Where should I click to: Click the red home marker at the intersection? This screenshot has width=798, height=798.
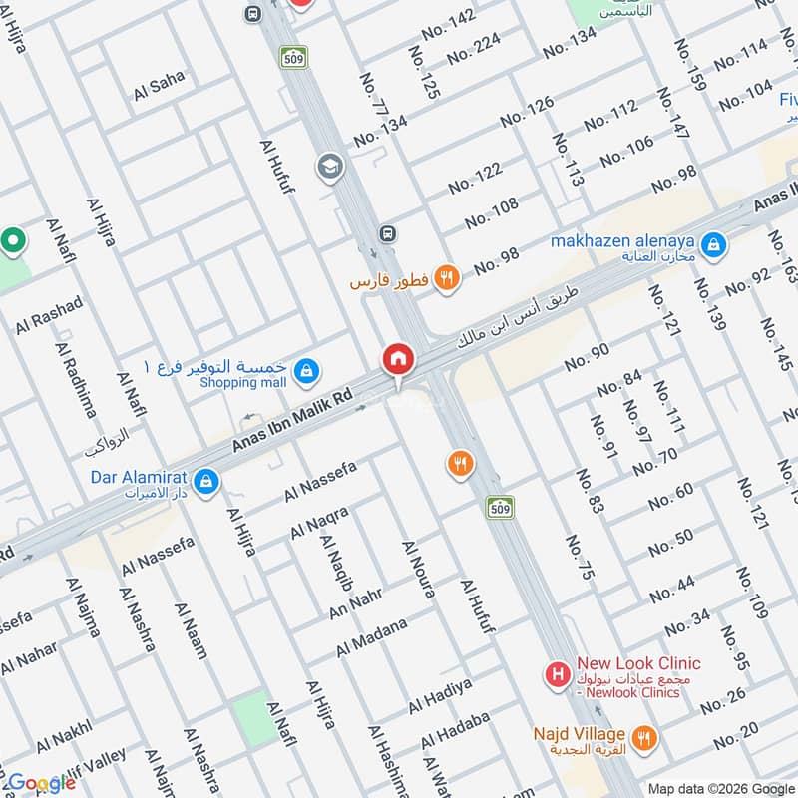coord(397,358)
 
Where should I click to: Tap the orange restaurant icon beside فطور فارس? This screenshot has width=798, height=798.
coord(447,280)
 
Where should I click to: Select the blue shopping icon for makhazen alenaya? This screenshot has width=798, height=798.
coord(713,244)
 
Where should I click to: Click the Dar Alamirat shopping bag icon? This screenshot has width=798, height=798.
coord(206,482)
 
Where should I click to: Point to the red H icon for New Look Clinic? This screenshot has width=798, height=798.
coord(559,676)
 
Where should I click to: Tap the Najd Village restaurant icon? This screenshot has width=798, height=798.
coord(645,739)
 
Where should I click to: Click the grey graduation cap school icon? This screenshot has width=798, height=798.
coord(328,167)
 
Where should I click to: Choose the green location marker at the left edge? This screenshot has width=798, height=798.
coord(13,240)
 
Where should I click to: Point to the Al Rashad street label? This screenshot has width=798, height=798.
coord(49,314)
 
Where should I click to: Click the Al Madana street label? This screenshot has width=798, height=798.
coord(371,637)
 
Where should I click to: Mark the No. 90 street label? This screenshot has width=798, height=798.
coord(587,357)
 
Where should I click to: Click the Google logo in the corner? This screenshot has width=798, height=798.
coord(42,783)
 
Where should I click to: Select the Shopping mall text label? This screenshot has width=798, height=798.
coord(242,383)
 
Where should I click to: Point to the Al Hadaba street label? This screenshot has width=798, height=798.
coord(455,731)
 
